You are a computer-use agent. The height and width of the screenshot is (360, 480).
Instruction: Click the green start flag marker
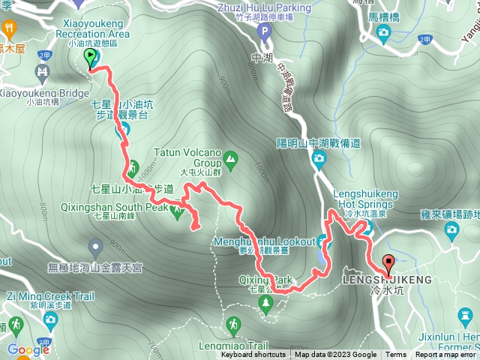[91, 58]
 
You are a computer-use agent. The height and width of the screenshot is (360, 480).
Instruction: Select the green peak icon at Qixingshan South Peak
[178, 212]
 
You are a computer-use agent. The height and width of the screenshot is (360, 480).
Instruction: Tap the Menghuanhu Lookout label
[264, 241]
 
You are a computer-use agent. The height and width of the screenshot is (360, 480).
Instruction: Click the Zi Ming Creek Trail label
[52, 296]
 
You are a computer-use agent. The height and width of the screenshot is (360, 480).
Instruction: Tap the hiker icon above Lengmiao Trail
[235, 324]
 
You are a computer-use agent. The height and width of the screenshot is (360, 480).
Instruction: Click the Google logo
[28, 349]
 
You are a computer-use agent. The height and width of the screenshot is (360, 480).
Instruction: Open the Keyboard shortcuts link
[253, 355]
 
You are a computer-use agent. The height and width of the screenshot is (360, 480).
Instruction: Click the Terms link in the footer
[395, 355]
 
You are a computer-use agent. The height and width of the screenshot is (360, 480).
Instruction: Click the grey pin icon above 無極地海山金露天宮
[95, 245]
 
